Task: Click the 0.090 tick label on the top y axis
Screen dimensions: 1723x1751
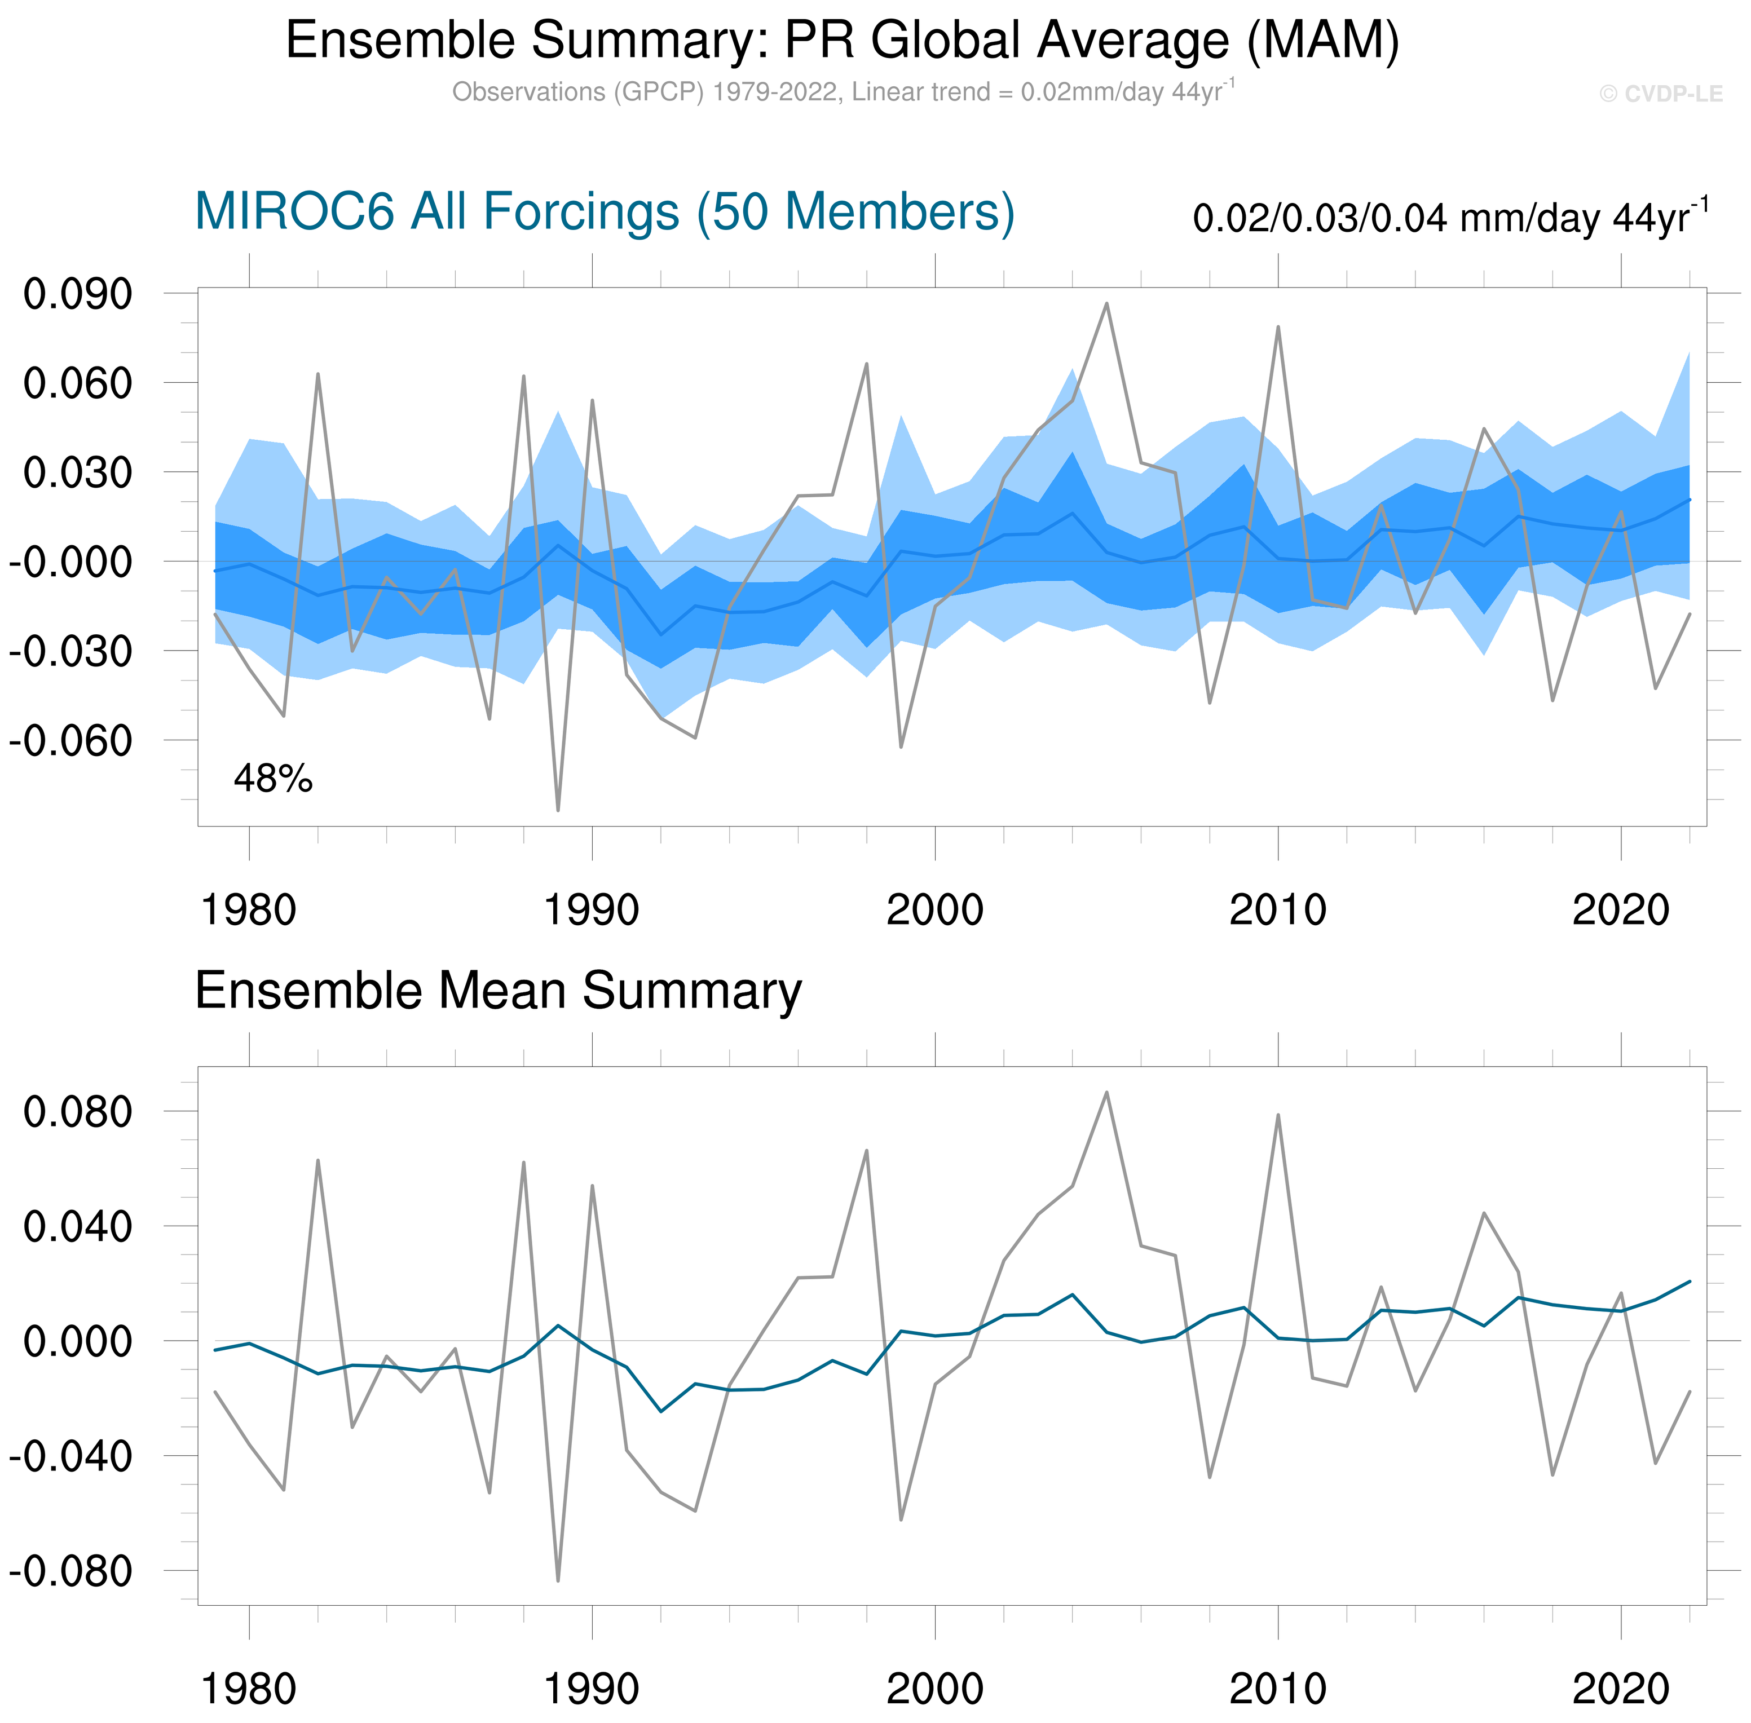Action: [x=78, y=294]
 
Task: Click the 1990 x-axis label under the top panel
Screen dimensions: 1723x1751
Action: [x=591, y=909]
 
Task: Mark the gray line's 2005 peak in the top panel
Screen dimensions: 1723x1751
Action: [x=1106, y=304]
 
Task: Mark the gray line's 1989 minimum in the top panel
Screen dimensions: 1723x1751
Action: [x=557, y=810]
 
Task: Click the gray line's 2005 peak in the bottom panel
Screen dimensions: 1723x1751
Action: [x=1106, y=1092]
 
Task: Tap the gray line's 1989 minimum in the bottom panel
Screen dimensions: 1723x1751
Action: [x=557, y=1581]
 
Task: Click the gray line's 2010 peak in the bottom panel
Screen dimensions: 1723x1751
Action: [x=1278, y=1115]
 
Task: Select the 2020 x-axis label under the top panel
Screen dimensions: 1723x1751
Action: [x=1620, y=909]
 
